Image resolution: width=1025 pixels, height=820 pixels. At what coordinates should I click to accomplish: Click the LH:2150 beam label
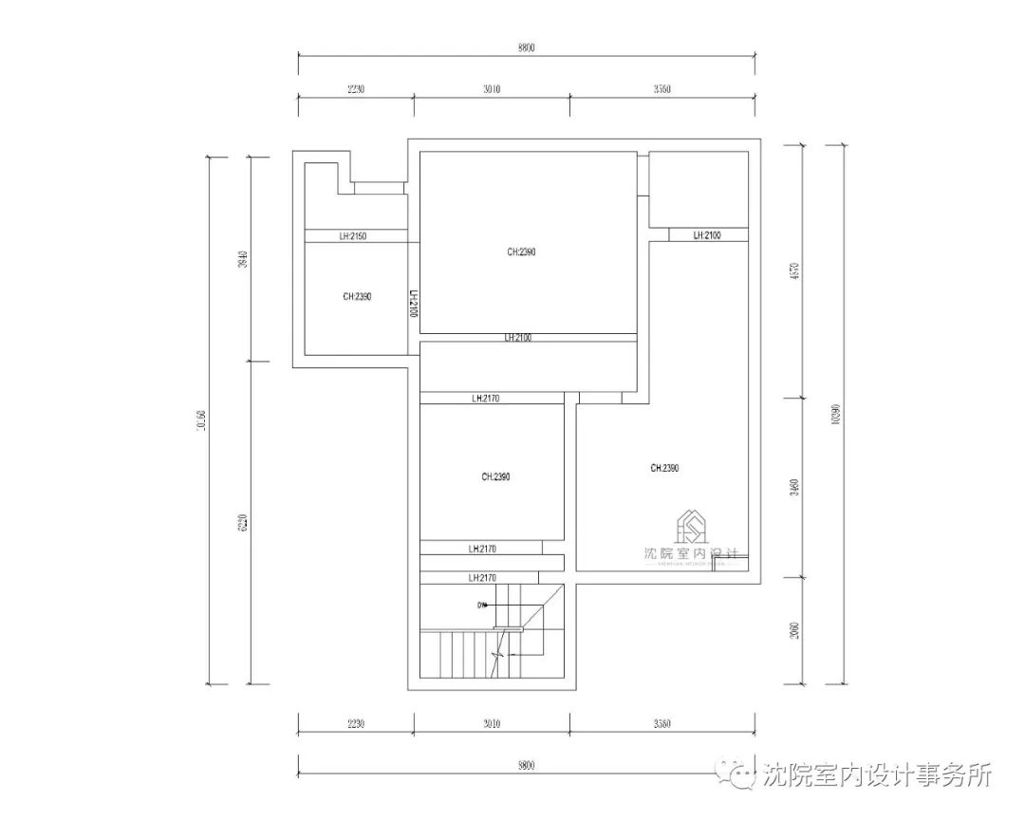click(353, 235)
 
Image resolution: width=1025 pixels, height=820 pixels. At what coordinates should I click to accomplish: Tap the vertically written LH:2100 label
click(414, 305)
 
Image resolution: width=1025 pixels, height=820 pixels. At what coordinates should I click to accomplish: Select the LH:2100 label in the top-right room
click(707, 235)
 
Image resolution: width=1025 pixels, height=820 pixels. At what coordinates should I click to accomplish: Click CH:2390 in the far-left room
click(357, 296)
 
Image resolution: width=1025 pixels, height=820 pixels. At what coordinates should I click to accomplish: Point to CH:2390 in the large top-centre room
click(522, 252)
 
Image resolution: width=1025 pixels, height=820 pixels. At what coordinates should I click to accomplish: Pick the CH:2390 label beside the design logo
click(664, 468)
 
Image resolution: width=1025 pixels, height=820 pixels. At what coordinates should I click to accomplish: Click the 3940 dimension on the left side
click(243, 260)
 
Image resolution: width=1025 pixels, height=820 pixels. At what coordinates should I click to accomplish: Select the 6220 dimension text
click(243, 523)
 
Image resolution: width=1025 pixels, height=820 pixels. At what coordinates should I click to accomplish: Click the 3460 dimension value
click(794, 488)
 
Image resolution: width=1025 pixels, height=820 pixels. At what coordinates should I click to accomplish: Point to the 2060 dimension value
click(794, 630)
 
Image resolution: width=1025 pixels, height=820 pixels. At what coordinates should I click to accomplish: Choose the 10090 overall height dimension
click(835, 414)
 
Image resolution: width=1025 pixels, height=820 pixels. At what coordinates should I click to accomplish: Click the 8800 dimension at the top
click(527, 48)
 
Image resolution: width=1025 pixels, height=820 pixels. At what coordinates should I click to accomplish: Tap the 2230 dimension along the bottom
click(356, 724)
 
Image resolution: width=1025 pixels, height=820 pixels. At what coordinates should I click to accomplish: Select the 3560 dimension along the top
click(662, 89)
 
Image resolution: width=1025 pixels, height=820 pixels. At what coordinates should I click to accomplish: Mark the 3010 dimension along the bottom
click(492, 724)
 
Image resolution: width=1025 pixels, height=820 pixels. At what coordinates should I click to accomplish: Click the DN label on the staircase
click(482, 605)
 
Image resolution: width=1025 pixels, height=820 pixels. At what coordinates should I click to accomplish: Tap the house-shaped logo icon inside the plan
click(691, 526)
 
